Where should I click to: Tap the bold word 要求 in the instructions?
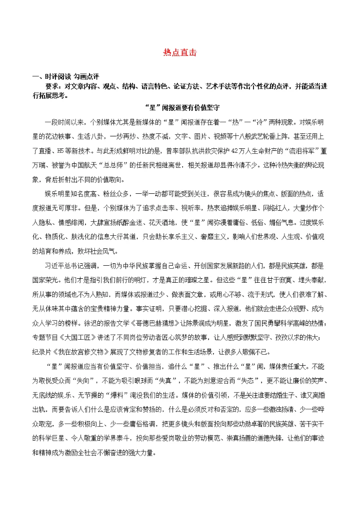pos(52,86)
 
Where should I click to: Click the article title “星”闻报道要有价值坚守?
pos(181,107)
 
